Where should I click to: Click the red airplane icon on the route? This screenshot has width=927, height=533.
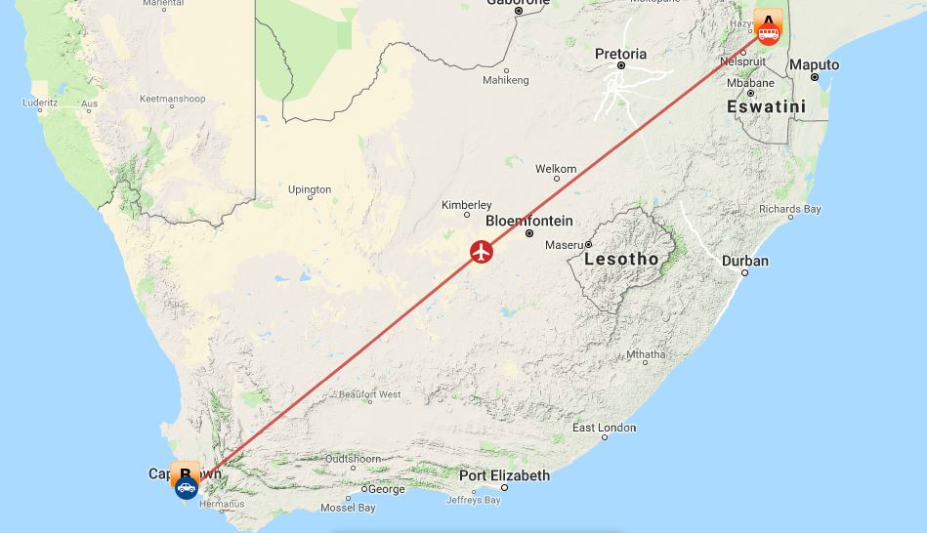[x=481, y=252]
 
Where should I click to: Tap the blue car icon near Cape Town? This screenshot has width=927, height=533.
[x=186, y=487]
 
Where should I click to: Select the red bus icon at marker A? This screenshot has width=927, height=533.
[x=769, y=34]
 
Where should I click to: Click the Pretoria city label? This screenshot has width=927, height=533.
[x=620, y=54]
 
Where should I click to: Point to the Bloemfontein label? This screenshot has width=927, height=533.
[x=528, y=221]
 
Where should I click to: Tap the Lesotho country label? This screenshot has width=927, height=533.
[x=620, y=259]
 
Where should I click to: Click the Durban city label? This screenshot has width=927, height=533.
[x=744, y=261]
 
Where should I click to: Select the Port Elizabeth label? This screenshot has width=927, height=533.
[x=504, y=475]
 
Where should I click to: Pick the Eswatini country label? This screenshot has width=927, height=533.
[x=766, y=106]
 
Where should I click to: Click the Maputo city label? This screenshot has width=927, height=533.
[x=814, y=64]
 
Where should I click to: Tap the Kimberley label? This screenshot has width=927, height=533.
[x=466, y=205]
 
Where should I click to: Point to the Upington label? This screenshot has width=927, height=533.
[x=310, y=189]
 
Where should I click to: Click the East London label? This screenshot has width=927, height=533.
[x=604, y=428]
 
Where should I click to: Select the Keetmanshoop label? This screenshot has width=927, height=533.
[x=172, y=99]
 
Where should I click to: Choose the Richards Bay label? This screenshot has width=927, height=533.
[x=789, y=209]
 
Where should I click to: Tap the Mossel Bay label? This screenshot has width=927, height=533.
[x=347, y=508]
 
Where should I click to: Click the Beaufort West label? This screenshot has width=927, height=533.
[x=369, y=394]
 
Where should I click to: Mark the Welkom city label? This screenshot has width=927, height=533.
[x=556, y=169]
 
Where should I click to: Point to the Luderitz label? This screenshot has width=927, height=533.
[x=40, y=102]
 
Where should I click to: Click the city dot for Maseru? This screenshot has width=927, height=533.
[x=589, y=245]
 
